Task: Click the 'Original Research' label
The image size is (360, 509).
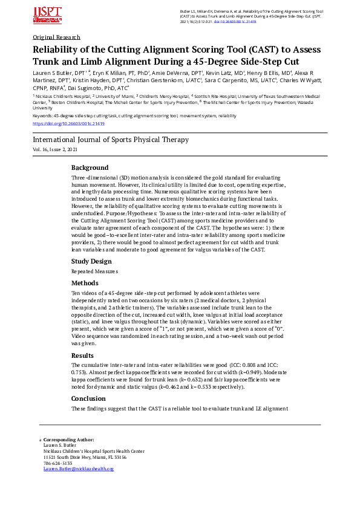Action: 56,37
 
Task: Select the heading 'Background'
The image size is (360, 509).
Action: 90,167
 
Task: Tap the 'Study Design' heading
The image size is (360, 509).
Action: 91,261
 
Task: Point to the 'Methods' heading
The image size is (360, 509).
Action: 85,283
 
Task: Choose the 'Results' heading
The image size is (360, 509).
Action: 82,355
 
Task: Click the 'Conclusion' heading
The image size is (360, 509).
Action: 88,398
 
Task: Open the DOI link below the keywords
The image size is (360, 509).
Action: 68,123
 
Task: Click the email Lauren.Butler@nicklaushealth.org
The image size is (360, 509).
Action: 78,468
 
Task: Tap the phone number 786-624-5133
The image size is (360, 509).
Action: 57,463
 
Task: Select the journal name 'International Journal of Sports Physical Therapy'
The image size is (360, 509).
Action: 111,140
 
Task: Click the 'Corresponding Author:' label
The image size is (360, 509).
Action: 69,440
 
